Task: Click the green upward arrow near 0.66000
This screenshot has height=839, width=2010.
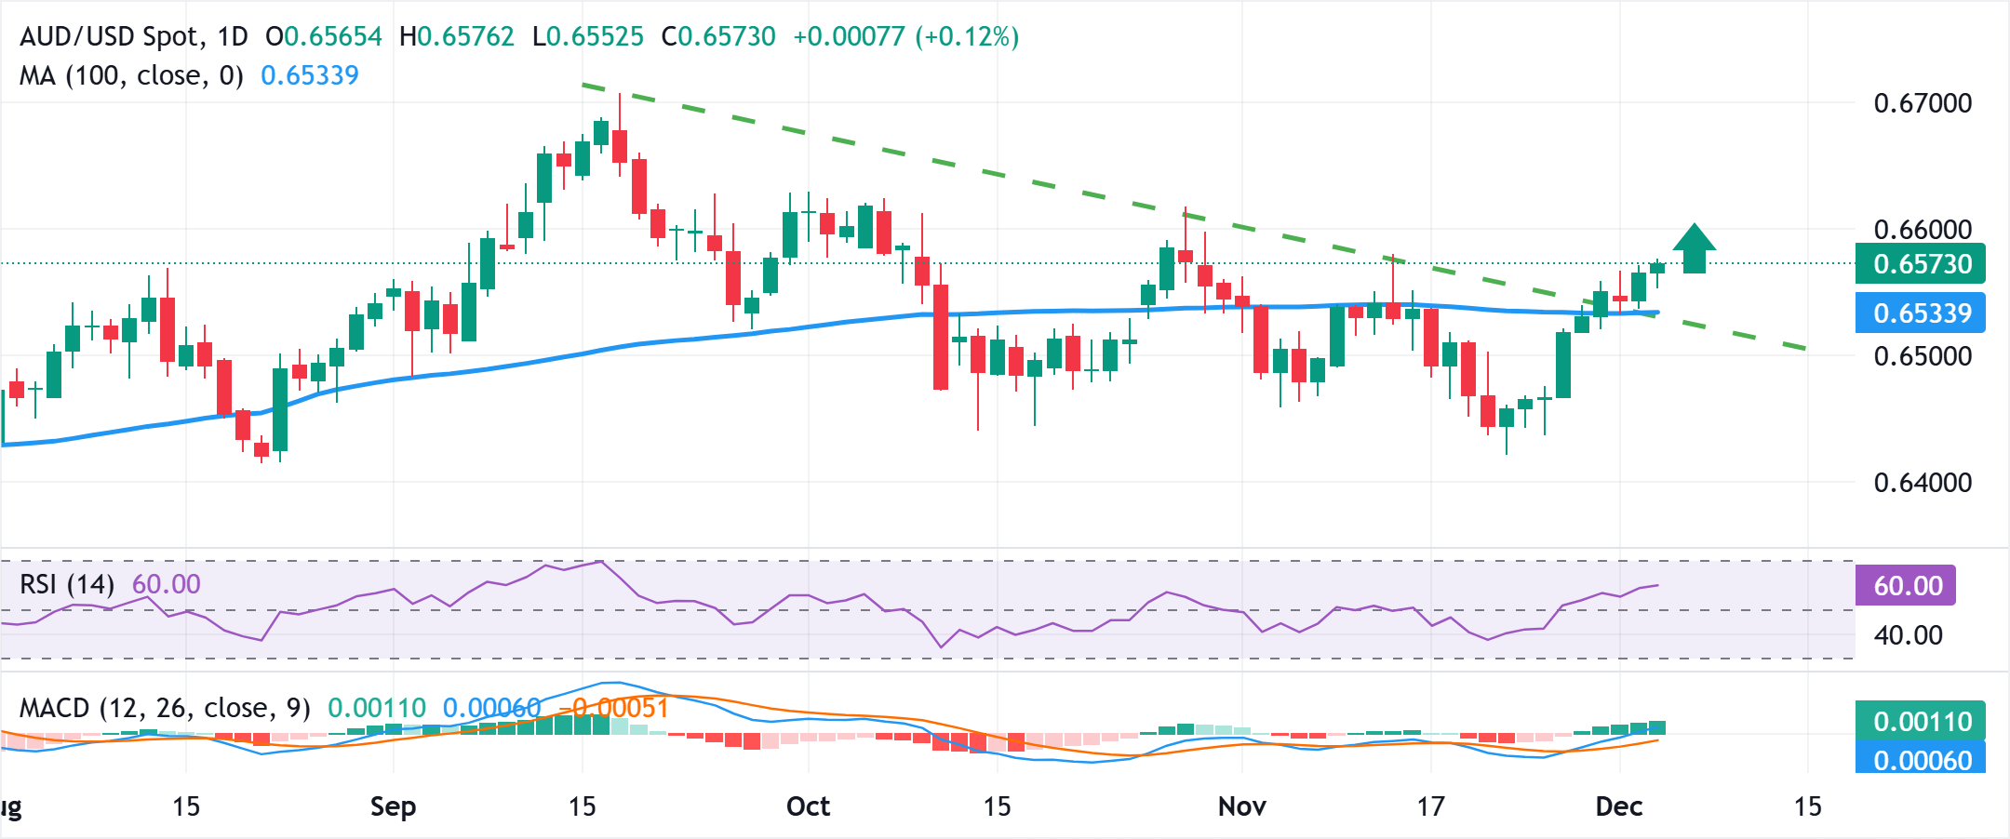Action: pos(1695,248)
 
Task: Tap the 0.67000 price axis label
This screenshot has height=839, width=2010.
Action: pos(1923,103)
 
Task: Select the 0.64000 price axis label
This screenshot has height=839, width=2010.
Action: pos(1923,483)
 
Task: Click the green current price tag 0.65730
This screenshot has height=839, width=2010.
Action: pos(1921,264)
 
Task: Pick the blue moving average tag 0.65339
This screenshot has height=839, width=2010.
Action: pos(1921,313)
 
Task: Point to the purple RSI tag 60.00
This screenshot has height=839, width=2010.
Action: pos(1907,586)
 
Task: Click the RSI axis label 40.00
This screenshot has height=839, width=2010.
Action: pos(1908,636)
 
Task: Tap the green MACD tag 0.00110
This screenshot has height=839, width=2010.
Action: pos(1921,722)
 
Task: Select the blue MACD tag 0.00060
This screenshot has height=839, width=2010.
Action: pos(1921,760)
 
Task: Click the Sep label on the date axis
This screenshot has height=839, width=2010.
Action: pos(393,806)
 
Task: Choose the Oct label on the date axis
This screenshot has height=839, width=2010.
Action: pos(808,806)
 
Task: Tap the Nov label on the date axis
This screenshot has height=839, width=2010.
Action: pos(1241,806)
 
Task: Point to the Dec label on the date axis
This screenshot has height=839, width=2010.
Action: pos(1618,806)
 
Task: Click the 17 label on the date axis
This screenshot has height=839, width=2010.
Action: pos(1430,806)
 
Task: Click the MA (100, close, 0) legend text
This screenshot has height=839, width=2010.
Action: pos(131,75)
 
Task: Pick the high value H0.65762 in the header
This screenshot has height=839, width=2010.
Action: pos(456,37)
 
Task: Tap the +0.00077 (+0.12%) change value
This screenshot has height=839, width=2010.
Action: pos(905,37)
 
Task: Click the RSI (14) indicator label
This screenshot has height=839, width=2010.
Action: pos(67,585)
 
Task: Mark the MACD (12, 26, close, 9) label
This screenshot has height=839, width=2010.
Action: pos(165,709)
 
